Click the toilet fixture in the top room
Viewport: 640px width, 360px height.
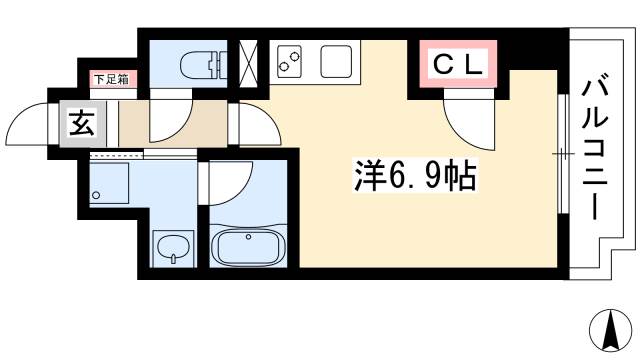(x=199, y=65)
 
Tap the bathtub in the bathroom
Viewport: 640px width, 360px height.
(x=249, y=245)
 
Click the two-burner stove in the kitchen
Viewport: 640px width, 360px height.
(x=291, y=62)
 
